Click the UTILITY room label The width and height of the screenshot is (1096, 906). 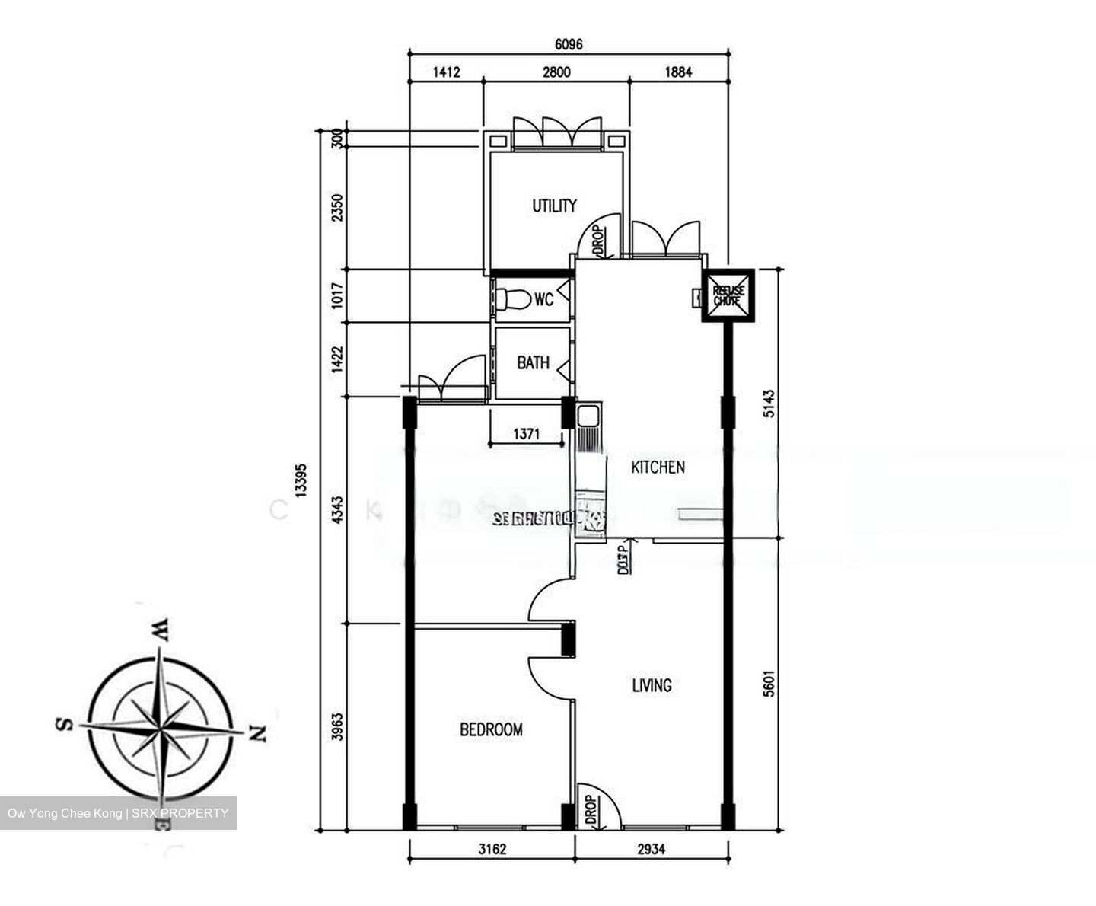point(554,206)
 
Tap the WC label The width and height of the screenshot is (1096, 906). point(543,299)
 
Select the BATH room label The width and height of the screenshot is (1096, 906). point(533,362)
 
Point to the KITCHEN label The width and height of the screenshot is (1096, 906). point(658,467)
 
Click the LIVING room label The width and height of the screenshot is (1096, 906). point(652,685)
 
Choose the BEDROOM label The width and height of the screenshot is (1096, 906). point(491,729)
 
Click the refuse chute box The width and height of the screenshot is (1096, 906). point(728,295)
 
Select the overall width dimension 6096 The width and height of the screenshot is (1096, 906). point(568,44)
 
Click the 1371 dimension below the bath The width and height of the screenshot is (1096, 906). point(526,434)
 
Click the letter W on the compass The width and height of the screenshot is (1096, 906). point(161,630)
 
